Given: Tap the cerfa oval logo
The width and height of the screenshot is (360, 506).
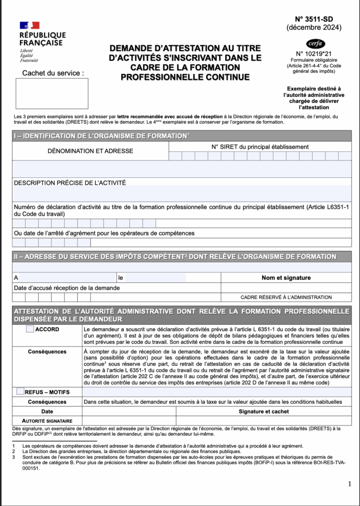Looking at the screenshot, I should coord(315,43).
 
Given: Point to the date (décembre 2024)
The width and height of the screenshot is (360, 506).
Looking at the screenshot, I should coord(314,28).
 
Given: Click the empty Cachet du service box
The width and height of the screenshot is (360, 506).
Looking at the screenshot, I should coord(52,93).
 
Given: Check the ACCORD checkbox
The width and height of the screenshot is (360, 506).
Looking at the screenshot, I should coord(30,329).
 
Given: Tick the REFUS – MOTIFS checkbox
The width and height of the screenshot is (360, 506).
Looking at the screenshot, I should coord(20,391).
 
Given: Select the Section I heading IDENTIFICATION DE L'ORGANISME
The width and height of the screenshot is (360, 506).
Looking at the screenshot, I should coord(101,136).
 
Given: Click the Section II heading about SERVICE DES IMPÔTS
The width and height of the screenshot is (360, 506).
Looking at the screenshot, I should coord(175,256).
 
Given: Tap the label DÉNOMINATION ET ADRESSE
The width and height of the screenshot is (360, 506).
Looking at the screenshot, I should coord(90,151).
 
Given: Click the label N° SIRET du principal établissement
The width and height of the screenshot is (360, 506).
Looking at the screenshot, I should coord(260,147).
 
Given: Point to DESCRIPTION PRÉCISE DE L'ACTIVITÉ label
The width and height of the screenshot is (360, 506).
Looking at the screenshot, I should coord(70,183).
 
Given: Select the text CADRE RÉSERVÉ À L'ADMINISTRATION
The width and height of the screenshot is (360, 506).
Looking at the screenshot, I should coord(286,297).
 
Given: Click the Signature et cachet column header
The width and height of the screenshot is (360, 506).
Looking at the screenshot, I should coord(264,411).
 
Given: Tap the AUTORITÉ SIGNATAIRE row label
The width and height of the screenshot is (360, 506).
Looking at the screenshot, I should coord(47,421).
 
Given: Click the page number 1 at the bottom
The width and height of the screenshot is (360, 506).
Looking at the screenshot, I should coord(349,484).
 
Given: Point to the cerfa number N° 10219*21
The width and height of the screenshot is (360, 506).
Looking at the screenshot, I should coord(314,54).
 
